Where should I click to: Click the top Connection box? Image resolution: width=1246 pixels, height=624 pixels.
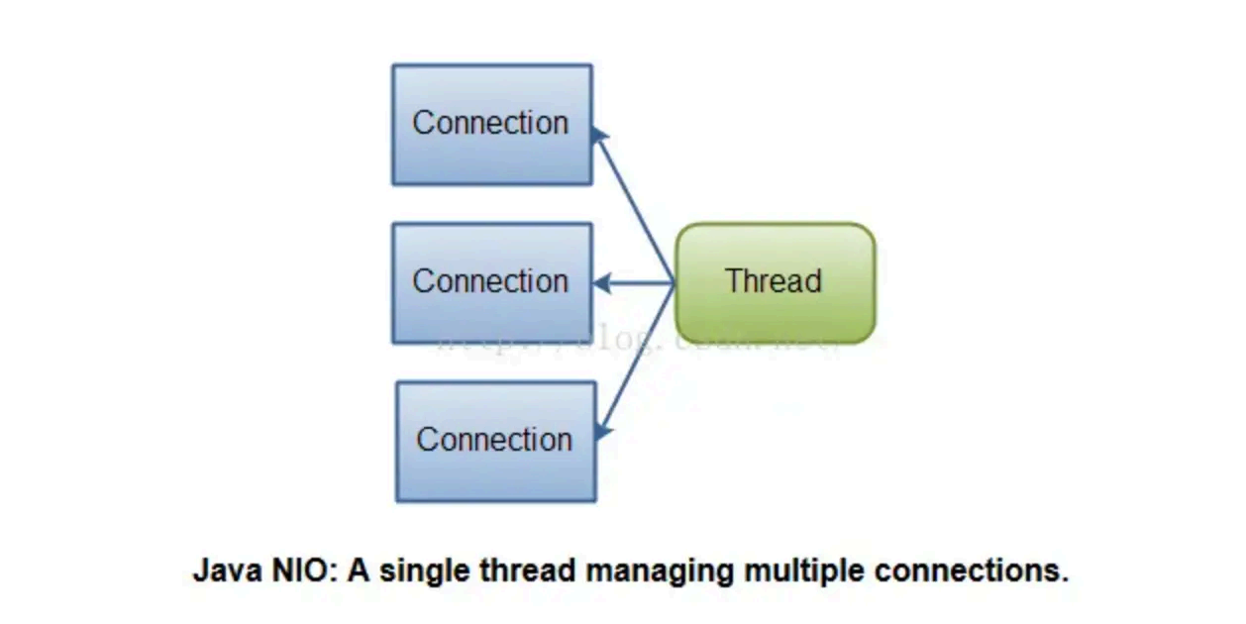coord(492,125)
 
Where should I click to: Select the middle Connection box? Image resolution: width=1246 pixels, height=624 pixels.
coord(492,283)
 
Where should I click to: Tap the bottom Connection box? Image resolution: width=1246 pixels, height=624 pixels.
coord(496,442)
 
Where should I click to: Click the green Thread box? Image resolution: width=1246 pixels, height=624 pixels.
coord(775,283)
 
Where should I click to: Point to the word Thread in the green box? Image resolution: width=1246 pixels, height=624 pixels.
coord(774,281)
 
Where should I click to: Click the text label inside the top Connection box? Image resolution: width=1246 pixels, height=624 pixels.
coord(490,123)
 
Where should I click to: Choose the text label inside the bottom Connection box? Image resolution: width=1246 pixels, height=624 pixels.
coord(494,440)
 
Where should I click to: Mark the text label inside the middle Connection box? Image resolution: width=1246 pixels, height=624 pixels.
coord(490,281)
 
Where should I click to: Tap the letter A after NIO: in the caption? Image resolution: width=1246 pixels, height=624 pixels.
coord(358,572)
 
